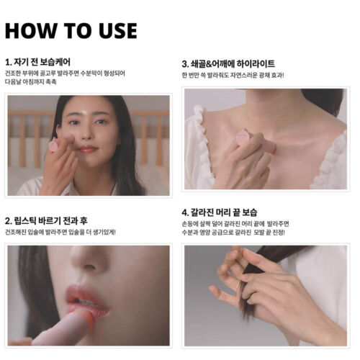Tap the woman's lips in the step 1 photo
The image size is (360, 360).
click(88, 149)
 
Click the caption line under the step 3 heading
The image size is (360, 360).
click(233, 76)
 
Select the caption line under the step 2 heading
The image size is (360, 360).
click(60, 232)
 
